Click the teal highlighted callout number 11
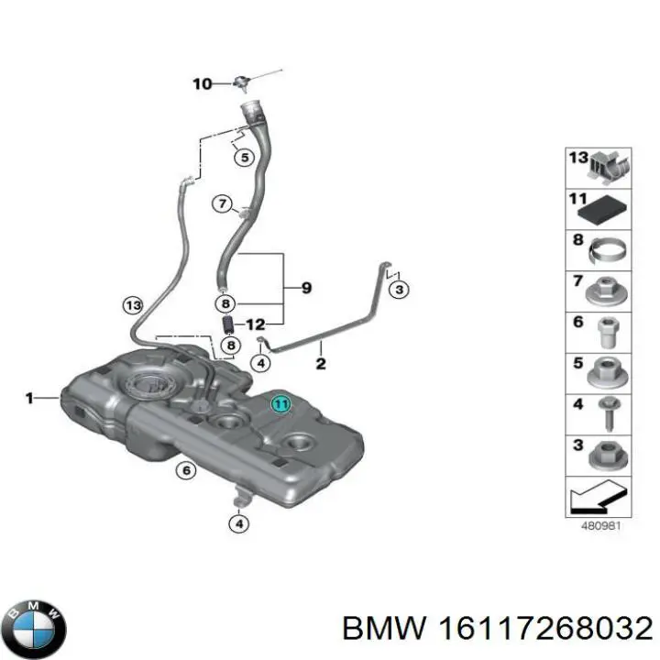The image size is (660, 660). tap(280, 403)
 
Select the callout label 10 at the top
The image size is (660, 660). tap(201, 84)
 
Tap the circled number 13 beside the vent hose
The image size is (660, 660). tap(134, 304)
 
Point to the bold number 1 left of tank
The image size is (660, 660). tap(29, 398)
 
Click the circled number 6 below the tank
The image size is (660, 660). tap(185, 470)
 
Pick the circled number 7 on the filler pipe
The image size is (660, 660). tap(220, 203)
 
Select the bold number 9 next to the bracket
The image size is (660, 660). tap(306, 288)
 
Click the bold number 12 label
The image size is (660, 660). tap(256, 324)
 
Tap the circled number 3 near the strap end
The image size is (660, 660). tap(398, 290)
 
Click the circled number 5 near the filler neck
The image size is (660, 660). tap(243, 158)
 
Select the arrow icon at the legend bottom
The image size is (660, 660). tap(599, 498)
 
